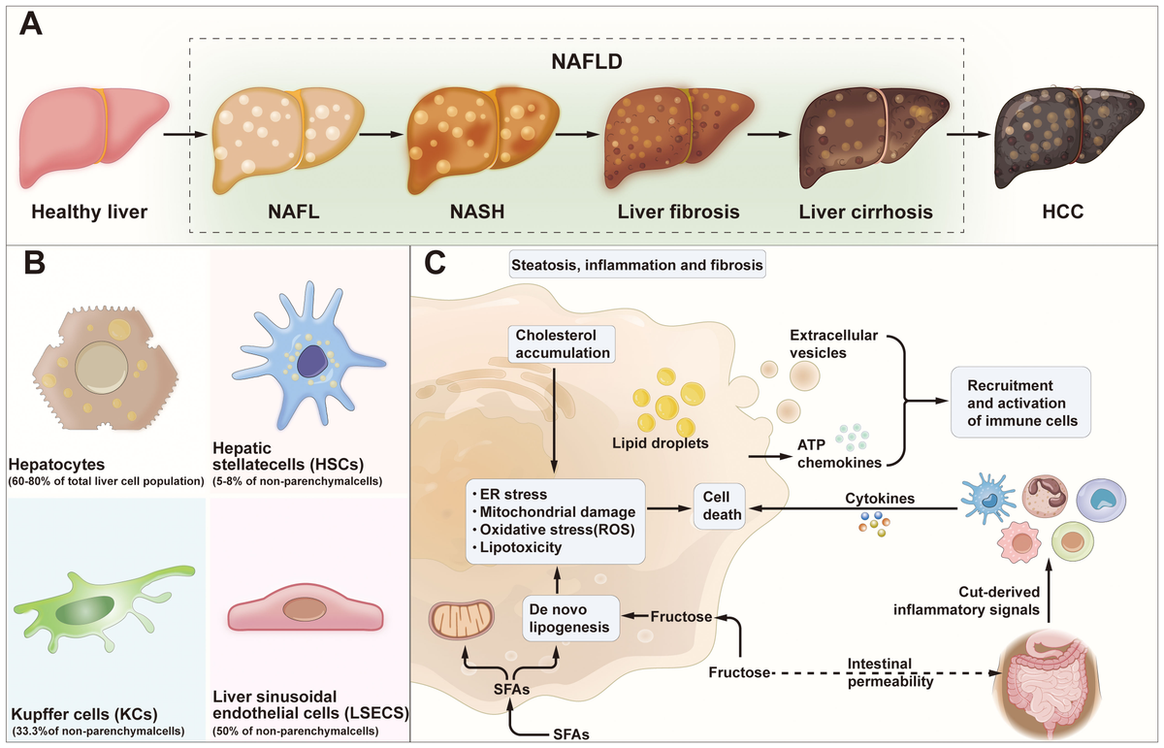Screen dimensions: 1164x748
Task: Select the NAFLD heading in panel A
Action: pyautogui.click(x=587, y=62)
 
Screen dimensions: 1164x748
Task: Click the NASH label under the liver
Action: pyautogui.click(x=477, y=211)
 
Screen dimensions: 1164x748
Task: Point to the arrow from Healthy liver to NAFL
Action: pyautogui.click(x=185, y=135)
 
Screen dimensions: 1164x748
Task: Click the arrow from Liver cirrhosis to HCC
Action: pyautogui.click(x=969, y=135)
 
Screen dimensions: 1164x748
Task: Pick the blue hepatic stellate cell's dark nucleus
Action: pyautogui.click(x=313, y=361)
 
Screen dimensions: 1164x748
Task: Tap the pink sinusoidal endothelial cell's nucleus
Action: pyautogui.click(x=305, y=608)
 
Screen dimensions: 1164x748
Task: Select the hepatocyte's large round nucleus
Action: pyautogui.click(x=101, y=368)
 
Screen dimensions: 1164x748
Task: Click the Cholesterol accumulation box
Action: pyautogui.click(x=563, y=344)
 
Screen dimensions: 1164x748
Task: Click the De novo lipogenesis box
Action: pyautogui.click(x=570, y=618)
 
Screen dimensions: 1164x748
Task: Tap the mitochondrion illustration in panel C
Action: pyautogui.click(x=462, y=621)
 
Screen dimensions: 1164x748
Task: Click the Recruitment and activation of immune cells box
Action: pyautogui.click(x=1020, y=403)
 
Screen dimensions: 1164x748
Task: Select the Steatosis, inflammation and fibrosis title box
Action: pyautogui.click(x=637, y=265)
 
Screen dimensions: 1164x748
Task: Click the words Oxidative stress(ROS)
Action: pyautogui.click(x=557, y=530)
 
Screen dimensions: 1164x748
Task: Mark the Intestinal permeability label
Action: pyautogui.click(x=890, y=672)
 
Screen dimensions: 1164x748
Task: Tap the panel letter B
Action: pyautogui.click(x=34, y=264)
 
